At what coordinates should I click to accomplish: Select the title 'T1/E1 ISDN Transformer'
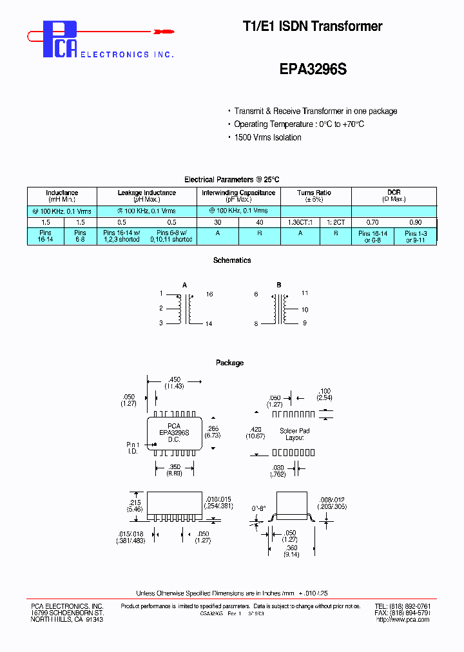click(x=312, y=26)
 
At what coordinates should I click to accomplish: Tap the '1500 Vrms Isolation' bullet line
click(x=267, y=137)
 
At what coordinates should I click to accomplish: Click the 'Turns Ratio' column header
click(x=314, y=193)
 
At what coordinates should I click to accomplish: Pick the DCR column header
click(x=394, y=193)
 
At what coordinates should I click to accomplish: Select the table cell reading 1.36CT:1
click(x=300, y=222)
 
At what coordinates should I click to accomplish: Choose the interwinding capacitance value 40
click(x=259, y=222)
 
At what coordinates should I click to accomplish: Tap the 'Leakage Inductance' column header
click(x=146, y=193)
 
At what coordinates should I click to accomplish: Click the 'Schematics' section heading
click(x=232, y=260)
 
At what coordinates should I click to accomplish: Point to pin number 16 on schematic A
click(x=209, y=294)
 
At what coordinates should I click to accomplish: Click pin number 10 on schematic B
click(x=304, y=309)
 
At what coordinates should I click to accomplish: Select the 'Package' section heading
click(x=230, y=363)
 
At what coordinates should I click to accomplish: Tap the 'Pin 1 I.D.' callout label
click(x=132, y=448)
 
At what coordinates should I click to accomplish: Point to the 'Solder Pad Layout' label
click(x=295, y=434)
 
